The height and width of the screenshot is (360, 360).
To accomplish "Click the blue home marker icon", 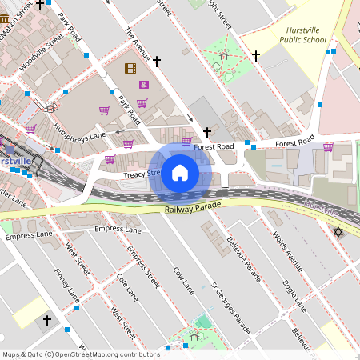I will [x=180, y=173].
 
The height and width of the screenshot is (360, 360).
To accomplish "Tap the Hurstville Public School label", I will [x=306, y=34].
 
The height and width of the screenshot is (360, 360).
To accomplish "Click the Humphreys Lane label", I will [x=80, y=125].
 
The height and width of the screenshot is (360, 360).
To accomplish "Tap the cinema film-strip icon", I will [x=130, y=68].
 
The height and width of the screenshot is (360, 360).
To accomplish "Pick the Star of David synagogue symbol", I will [x=338, y=232].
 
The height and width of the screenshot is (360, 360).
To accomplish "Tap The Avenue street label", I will [x=138, y=44].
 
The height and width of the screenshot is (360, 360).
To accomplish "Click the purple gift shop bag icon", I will [x=144, y=84].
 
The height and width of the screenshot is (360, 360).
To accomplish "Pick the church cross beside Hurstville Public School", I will [x=256, y=56].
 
